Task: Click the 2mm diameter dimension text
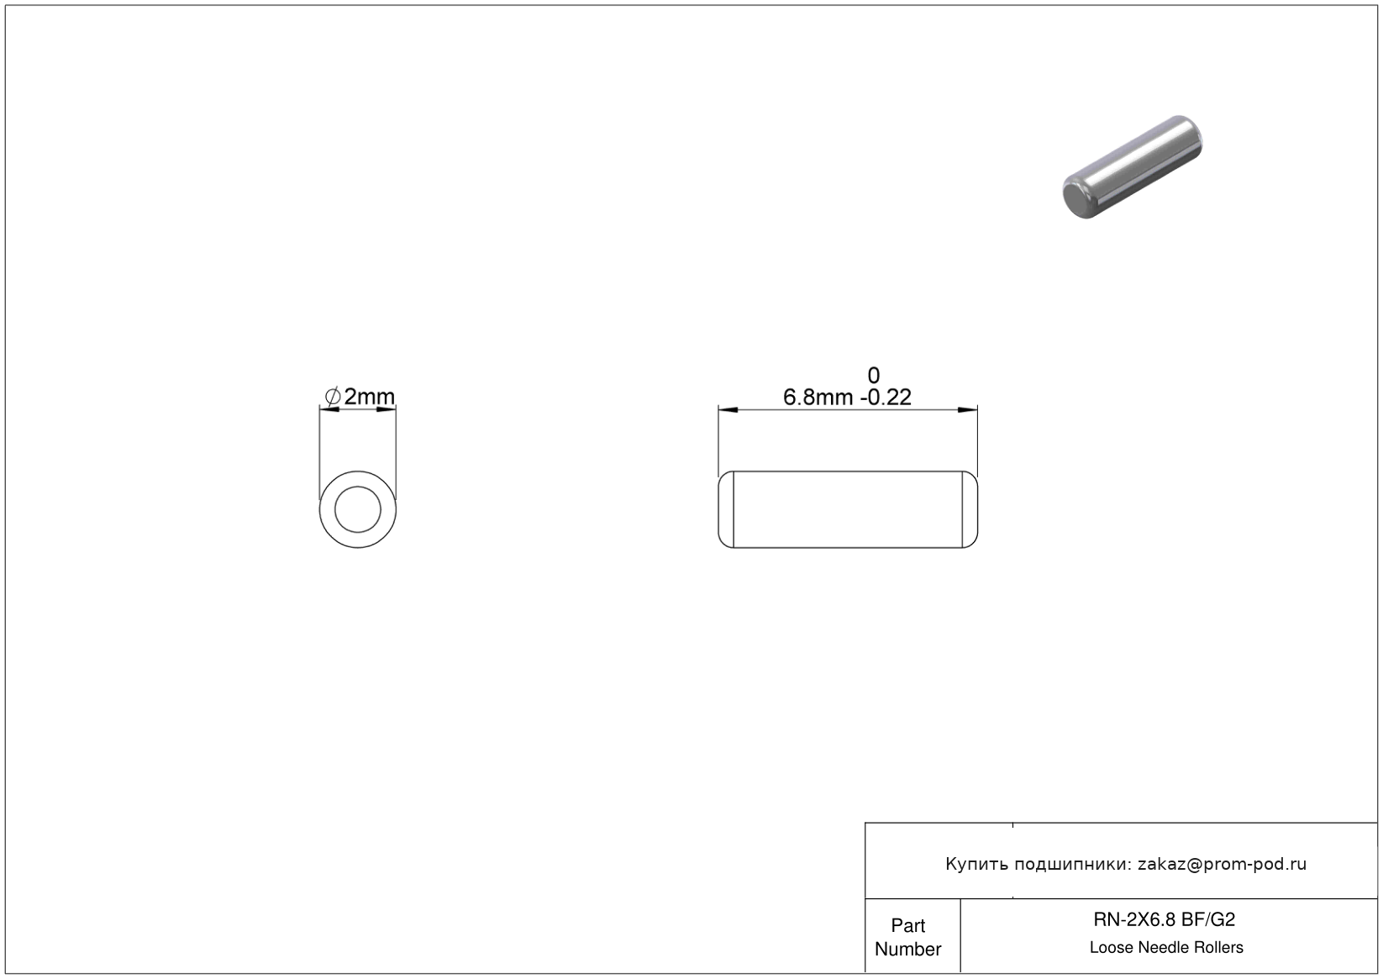point(369,397)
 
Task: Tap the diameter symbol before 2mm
point(333,397)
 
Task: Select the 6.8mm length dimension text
point(818,397)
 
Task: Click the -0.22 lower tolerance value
point(886,397)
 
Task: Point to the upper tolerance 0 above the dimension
point(874,376)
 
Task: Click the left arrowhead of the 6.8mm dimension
point(728,409)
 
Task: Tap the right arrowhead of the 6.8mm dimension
point(967,409)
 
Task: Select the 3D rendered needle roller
point(1133,166)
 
